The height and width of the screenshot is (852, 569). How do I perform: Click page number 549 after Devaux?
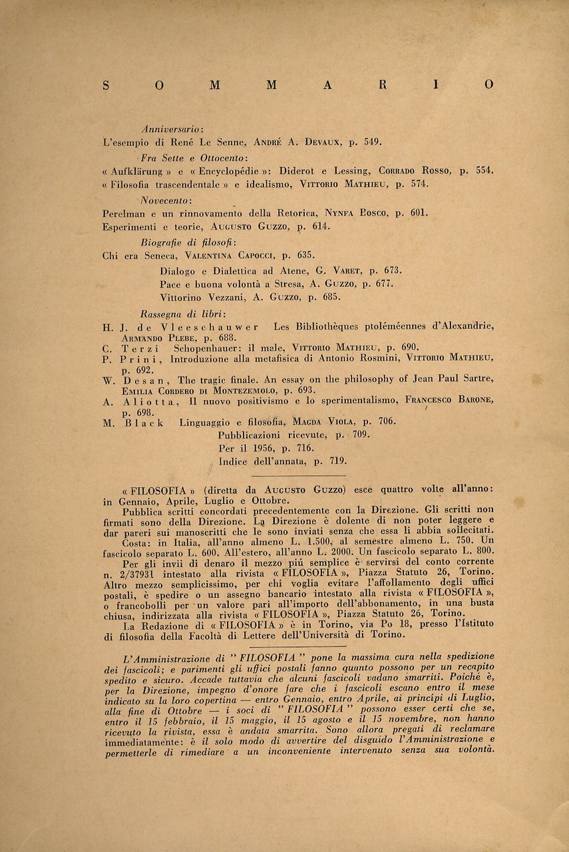[371, 142]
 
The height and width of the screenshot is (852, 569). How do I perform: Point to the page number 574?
[418, 184]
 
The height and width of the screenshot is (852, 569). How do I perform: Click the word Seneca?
[163, 255]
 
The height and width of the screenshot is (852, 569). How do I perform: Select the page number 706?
[385, 421]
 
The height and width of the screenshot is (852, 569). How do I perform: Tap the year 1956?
[265, 448]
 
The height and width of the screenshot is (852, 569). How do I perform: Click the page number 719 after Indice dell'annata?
[336, 461]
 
